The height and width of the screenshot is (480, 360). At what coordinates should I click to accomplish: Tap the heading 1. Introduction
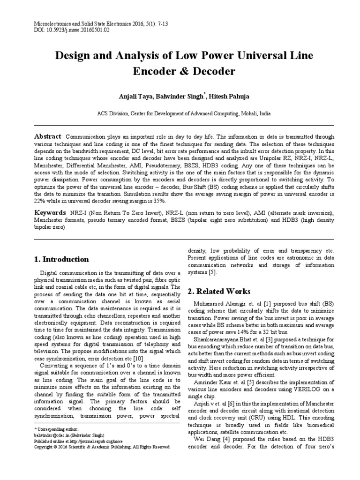[62, 259]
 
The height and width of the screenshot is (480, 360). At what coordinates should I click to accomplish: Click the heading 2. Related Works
[219, 291]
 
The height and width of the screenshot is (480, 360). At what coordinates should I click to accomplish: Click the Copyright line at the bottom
[102, 447]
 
